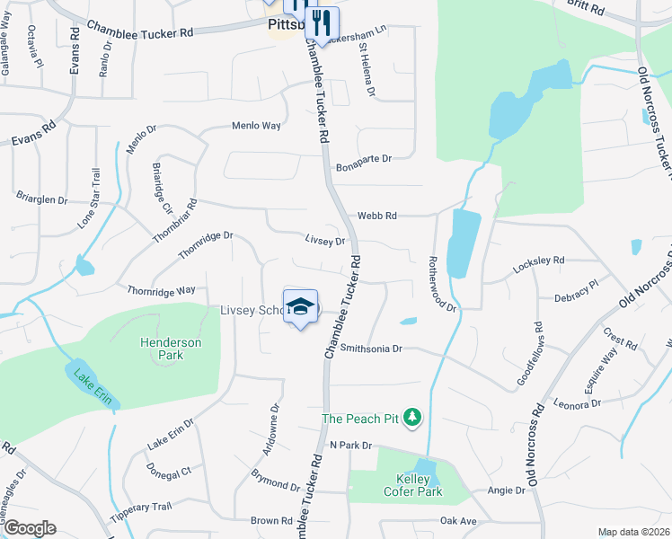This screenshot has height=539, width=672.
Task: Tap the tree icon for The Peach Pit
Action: click(x=412, y=418)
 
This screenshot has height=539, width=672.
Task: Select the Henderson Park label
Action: click(x=170, y=349)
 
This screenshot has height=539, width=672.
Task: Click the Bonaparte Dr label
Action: click(x=364, y=159)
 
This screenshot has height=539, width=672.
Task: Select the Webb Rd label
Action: click(x=377, y=216)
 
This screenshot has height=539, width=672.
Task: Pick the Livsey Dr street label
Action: click(x=325, y=241)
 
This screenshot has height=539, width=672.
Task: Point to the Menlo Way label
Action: click(x=257, y=126)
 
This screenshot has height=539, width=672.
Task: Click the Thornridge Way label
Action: click(x=161, y=290)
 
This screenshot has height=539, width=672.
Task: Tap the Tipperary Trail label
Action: click(x=140, y=507)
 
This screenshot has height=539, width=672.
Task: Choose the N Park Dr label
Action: click(x=350, y=446)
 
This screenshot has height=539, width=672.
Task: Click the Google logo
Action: click(x=29, y=528)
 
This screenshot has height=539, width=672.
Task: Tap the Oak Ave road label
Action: click(x=457, y=520)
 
